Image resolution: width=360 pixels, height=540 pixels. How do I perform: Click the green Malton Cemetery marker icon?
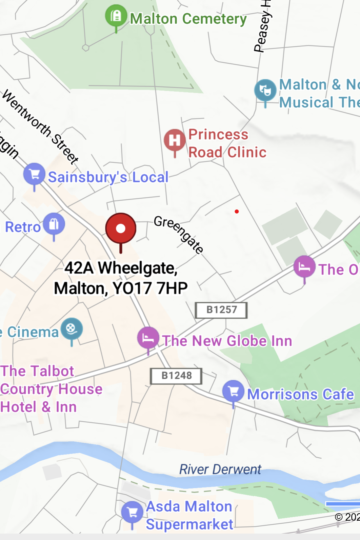tap(116, 16)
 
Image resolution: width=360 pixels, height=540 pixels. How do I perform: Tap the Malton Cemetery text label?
tap(188, 19)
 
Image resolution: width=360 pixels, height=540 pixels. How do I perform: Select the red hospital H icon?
tap(175, 140)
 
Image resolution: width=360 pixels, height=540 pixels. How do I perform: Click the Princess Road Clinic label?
tap(227, 143)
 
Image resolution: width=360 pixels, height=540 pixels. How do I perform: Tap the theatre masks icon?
tap(265, 90)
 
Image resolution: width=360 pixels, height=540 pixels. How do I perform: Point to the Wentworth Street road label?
tap(41, 127)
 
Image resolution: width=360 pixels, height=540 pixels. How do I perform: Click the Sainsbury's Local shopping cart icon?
tap(34, 174)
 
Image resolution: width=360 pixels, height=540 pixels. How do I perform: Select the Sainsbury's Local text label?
tap(108, 177)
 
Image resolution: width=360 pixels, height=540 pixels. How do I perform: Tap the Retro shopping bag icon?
tap(54, 224)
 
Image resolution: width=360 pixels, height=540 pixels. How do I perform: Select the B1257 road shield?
tap(221, 310)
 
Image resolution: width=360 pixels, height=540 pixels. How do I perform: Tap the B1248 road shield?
tap(176, 376)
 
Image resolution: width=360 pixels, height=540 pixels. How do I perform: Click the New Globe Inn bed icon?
tap(148, 338)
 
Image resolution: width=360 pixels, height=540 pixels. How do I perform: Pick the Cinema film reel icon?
tap(72, 328)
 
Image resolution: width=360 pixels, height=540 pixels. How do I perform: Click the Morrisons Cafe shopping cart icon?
tap(233, 391)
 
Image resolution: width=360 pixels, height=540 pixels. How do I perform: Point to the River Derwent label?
tap(220, 469)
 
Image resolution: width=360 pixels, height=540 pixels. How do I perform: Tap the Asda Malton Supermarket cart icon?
tap(132, 512)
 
